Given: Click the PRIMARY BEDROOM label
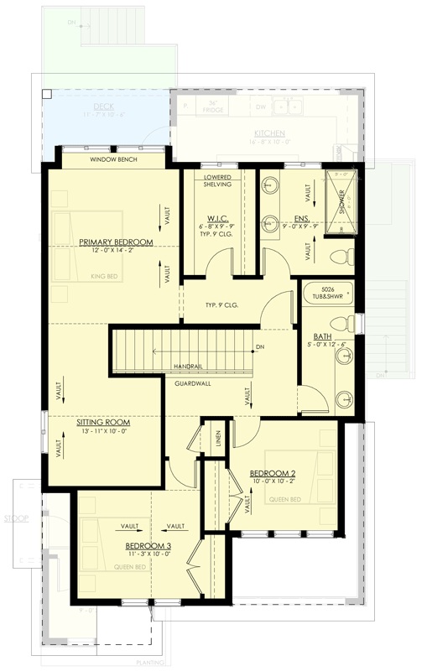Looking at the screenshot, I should pos(116,242).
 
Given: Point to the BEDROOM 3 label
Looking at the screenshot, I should pos(141,545).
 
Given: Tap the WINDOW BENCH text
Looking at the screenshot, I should pos(113,159).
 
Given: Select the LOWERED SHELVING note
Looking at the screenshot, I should pos(218,181).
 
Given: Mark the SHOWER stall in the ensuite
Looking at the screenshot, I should pos(341,201).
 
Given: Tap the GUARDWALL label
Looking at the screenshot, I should pos(193,383).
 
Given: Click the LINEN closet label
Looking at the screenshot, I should pos(217,441).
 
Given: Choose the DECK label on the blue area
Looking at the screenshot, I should pos(104,107).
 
